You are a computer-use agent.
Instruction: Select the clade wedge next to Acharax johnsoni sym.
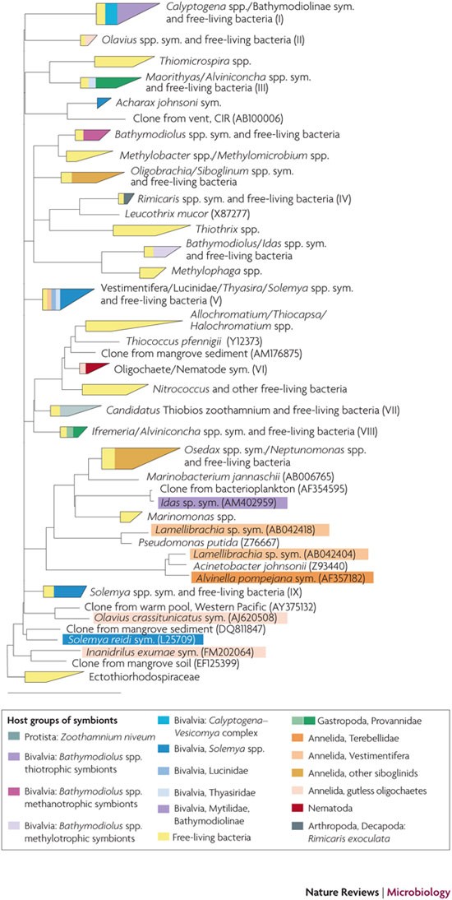click(x=102, y=103)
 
